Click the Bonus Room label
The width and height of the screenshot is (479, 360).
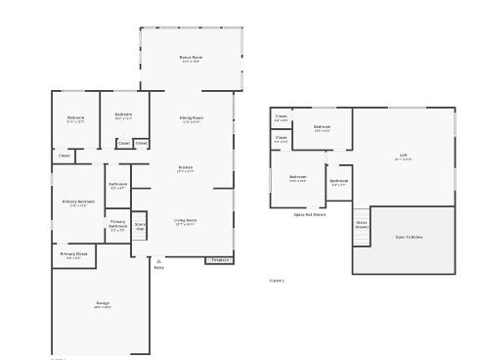(x=191, y=58)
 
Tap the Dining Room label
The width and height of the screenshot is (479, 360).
(x=192, y=118)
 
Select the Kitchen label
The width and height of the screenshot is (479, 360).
(x=185, y=168)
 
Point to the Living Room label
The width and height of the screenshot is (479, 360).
(x=186, y=222)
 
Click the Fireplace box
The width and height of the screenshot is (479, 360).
(x=219, y=260)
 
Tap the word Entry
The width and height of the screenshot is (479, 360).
(x=158, y=268)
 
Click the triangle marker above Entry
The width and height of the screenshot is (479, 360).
(x=158, y=261)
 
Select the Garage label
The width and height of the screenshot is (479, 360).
(x=103, y=304)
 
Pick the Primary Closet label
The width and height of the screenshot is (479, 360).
(x=74, y=255)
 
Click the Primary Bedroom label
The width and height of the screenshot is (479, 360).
(x=77, y=202)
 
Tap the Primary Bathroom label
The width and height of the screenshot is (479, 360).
(x=117, y=226)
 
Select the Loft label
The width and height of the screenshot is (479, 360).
(x=403, y=156)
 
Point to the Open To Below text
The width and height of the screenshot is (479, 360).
(x=409, y=237)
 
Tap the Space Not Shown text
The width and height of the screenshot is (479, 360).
(x=310, y=214)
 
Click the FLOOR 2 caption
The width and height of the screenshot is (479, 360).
(x=277, y=281)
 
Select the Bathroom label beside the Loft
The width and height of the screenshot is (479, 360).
(x=338, y=182)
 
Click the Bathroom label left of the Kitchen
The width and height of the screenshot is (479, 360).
(x=118, y=185)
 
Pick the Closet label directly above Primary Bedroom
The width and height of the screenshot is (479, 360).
(x=64, y=156)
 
